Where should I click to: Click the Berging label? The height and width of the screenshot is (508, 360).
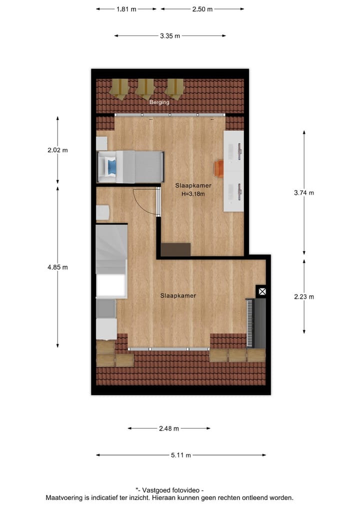pos(159,102)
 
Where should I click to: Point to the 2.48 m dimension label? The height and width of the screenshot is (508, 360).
pos(169,429)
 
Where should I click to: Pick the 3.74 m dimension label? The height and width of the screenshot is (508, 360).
pos(304,193)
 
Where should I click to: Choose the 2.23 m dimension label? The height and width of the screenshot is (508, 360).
pos(304,297)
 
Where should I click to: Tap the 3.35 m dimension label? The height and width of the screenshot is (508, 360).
pos(170,36)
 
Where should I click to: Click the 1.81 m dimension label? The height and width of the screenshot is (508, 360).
pos(126,9)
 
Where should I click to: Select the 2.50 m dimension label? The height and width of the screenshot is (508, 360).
pos(202,9)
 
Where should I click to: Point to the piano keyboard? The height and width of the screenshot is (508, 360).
pos(250,323)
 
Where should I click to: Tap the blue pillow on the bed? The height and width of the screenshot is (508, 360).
pos(113,166)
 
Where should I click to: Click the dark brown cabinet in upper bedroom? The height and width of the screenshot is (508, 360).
pos(176,249)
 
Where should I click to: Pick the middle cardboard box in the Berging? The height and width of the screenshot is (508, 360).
pos(145,88)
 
